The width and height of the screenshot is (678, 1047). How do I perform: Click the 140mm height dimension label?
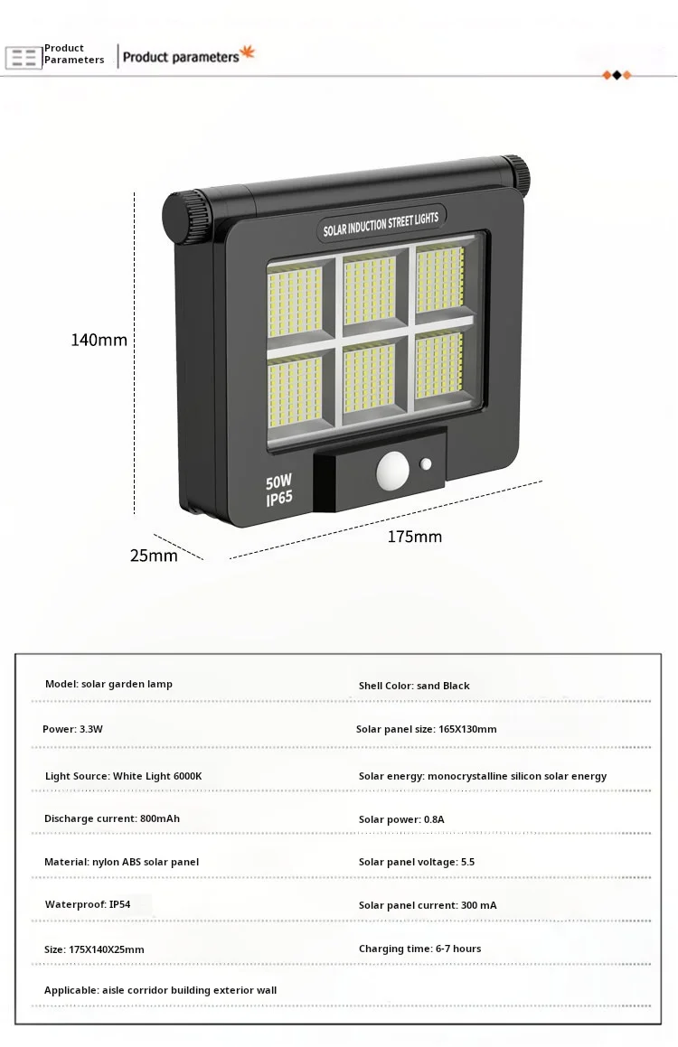click(99, 341)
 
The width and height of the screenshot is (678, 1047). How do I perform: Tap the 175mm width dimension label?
click(415, 537)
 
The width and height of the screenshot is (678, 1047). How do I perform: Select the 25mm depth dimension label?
click(154, 556)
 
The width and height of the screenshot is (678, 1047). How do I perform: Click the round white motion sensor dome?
click(392, 471)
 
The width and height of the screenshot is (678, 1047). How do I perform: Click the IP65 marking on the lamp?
click(279, 499)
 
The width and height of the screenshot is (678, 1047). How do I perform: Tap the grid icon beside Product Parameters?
click(24, 58)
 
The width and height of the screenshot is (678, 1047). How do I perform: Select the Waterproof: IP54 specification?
click(88, 904)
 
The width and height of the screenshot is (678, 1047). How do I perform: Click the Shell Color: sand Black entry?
click(414, 686)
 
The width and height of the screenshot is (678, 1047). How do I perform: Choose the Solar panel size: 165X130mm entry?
click(426, 729)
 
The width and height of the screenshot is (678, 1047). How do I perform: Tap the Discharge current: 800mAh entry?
click(112, 818)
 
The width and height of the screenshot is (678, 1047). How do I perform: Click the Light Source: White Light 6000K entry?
click(124, 776)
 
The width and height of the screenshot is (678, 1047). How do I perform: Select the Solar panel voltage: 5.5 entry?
click(416, 862)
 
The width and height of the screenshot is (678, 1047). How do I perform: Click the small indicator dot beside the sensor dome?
click(426, 464)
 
